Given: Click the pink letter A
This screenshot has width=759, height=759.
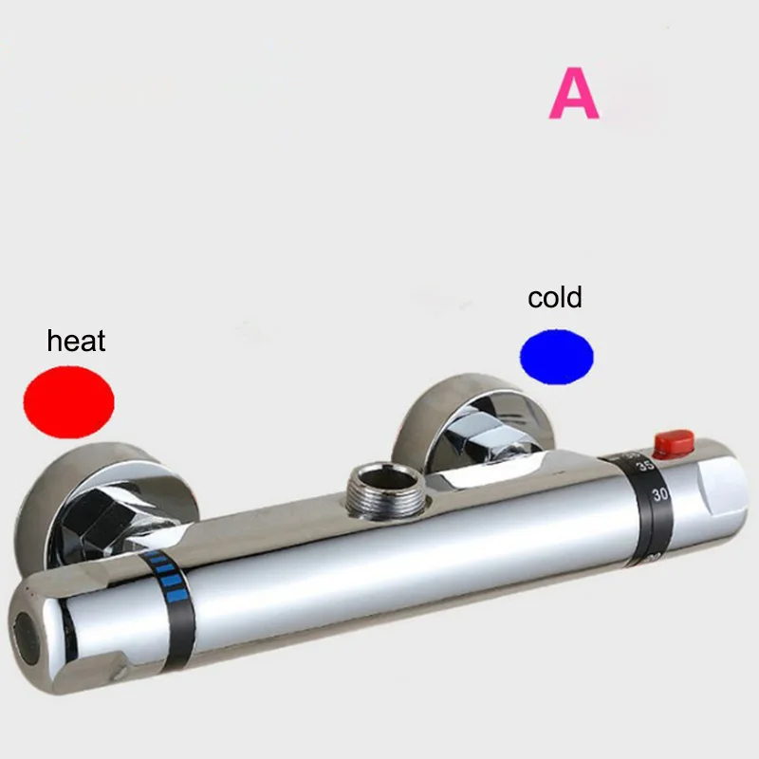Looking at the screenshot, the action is [574, 93].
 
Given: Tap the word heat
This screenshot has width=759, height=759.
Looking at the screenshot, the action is [76, 341].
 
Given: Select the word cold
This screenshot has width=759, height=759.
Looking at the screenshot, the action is [555, 297].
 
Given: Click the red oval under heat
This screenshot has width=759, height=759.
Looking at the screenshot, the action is [68, 401].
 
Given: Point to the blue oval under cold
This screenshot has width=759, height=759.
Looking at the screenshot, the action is [557, 357].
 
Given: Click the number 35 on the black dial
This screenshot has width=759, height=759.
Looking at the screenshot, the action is [647, 466].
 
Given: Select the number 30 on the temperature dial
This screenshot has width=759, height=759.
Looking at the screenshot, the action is [660, 494].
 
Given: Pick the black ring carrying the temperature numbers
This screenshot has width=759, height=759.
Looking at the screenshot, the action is [646, 509].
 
